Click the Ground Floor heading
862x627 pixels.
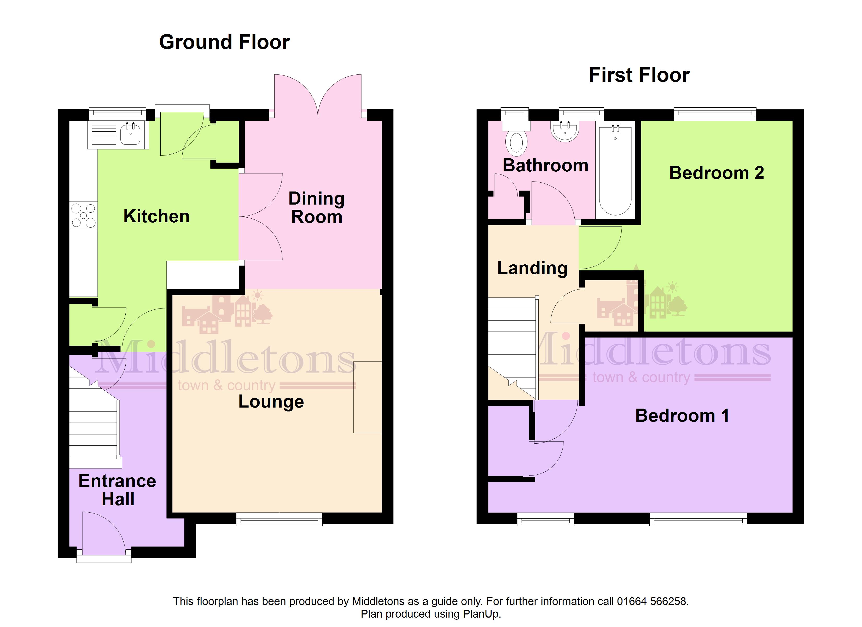click(x=224, y=42)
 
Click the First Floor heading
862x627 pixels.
click(x=639, y=75)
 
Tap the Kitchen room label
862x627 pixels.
click(x=156, y=216)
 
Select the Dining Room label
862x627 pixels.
click(x=317, y=208)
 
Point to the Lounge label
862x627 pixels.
click(x=271, y=402)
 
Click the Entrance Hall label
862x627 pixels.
click(x=118, y=490)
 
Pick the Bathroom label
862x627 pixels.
click(x=545, y=165)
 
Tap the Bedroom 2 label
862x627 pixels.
click(x=717, y=173)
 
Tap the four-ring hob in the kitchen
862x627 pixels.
click(x=84, y=216)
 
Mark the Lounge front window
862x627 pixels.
click(x=279, y=519)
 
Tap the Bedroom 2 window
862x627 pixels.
click(x=715, y=114)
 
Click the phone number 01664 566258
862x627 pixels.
click(x=651, y=601)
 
